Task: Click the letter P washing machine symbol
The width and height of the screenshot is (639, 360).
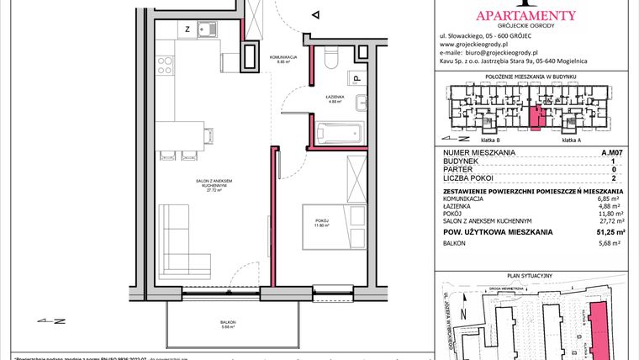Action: click(x=357, y=80)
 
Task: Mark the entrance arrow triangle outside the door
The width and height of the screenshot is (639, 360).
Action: click(x=315, y=14)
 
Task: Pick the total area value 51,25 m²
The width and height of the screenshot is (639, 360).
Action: click(x=610, y=231)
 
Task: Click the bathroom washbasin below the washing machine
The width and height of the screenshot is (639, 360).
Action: click(x=359, y=104)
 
